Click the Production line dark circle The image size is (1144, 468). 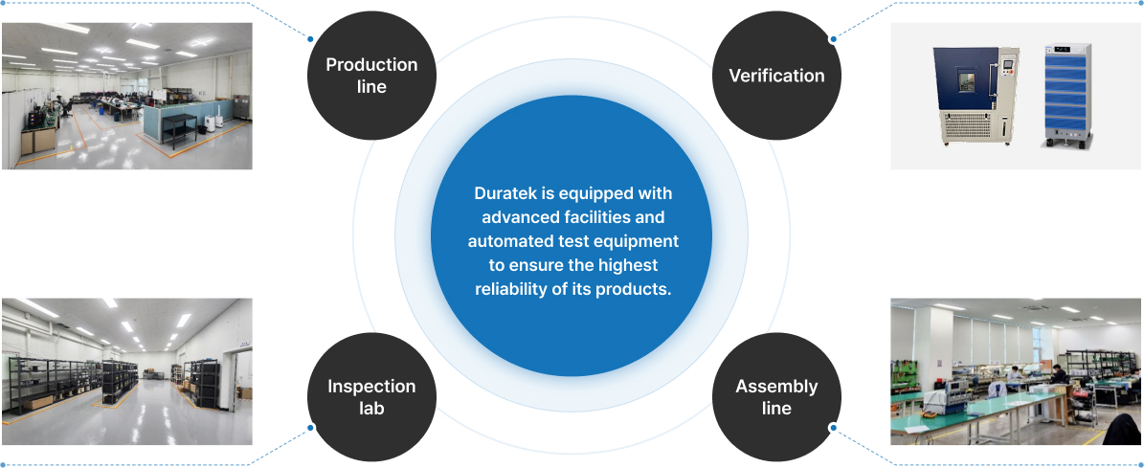click(x=371, y=76)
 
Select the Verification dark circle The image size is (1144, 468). click(x=776, y=76)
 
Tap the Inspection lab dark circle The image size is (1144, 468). click(x=371, y=396)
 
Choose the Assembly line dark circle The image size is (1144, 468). click(x=776, y=396)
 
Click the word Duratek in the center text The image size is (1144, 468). click(x=505, y=193)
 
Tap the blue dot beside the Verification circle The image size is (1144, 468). click(x=833, y=39)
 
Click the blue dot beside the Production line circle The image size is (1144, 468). click(x=310, y=39)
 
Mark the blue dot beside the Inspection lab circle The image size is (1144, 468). click(x=310, y=428)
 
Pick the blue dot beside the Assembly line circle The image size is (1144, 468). click(x=833, y=428)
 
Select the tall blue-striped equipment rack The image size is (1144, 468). click(x=1067, y=96)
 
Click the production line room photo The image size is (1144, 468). click(x=126, y=96)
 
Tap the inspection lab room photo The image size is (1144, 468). click(x=126, y=371)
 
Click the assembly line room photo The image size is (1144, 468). click(x=1016, y=371)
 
